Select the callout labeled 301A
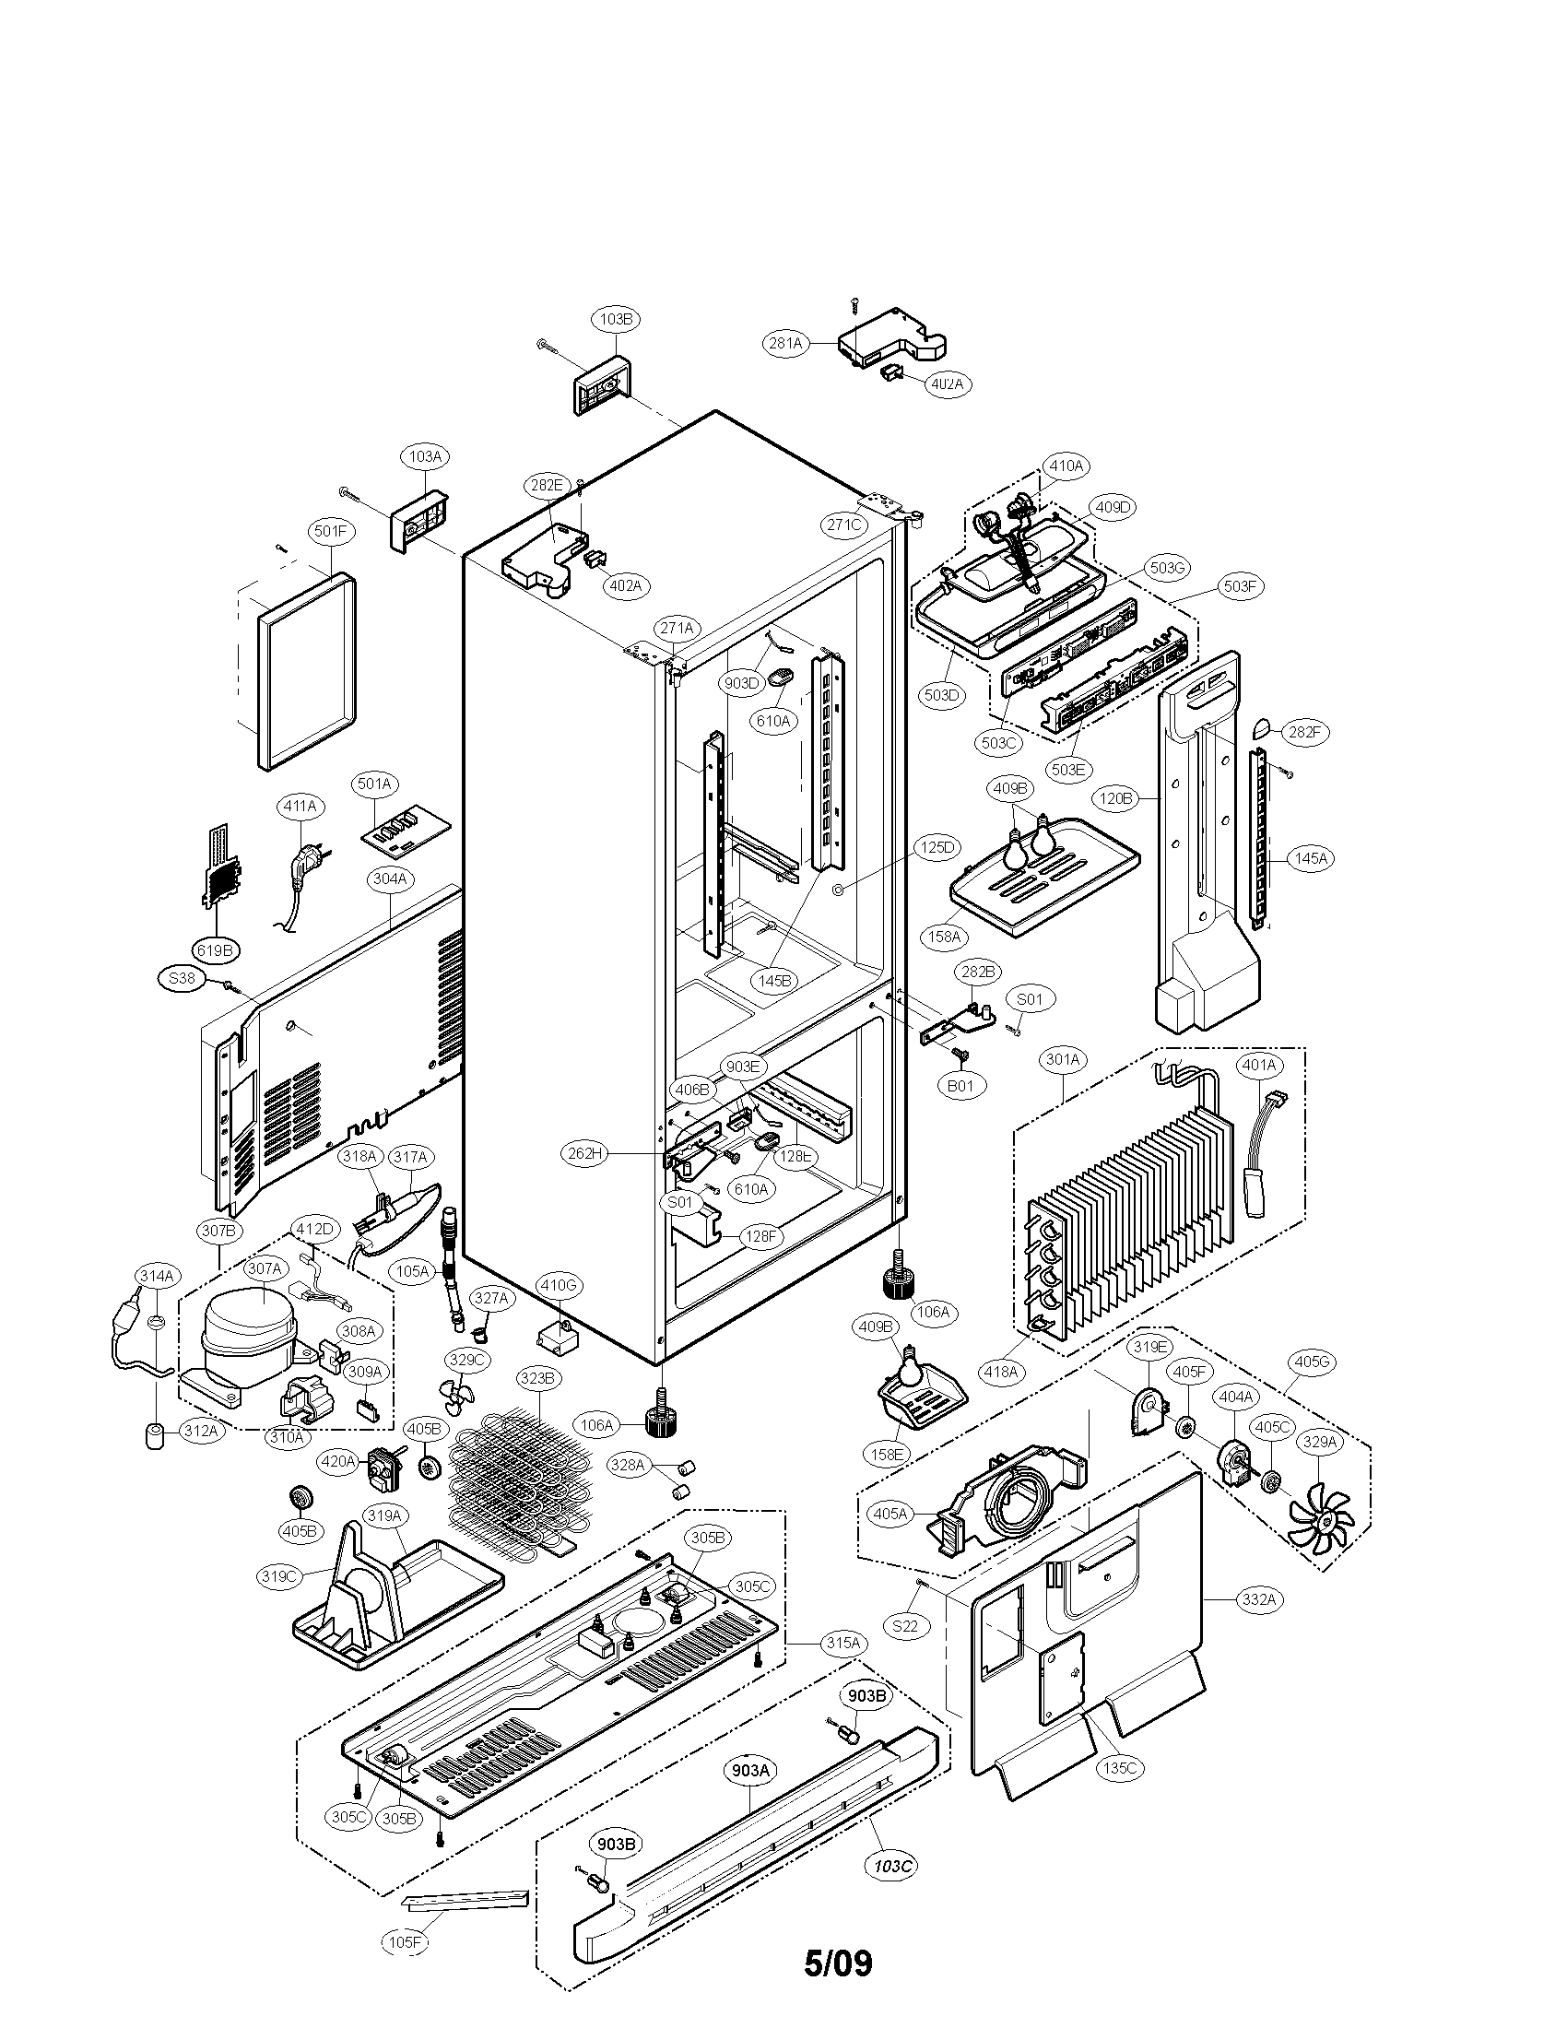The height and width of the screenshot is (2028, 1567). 1063,1059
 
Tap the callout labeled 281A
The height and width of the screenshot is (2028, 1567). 784,344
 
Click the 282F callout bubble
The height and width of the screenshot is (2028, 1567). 1303,733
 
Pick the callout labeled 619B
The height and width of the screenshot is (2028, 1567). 215,949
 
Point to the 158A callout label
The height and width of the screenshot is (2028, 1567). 944,937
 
